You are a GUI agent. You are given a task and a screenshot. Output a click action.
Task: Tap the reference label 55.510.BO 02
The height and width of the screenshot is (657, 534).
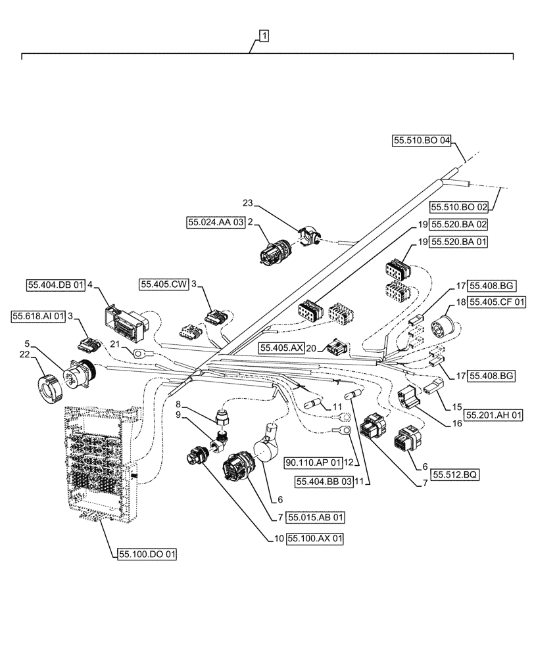(460, 207)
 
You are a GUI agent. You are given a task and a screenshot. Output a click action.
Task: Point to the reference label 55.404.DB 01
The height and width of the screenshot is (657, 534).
(57, 285)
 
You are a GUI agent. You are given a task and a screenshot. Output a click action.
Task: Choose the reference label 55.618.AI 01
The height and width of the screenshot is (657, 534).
(39, 316)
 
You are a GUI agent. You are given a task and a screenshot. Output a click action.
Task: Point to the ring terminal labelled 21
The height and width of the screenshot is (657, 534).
(139, 354)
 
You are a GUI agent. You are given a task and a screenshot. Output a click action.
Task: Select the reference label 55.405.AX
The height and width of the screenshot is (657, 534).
(281, 348)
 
